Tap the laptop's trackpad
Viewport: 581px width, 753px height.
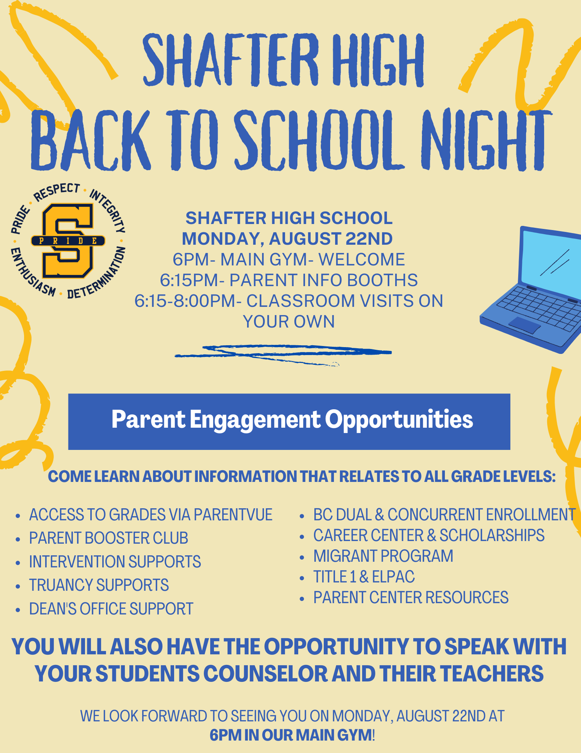[525, 325]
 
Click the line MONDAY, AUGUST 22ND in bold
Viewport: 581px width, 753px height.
[287, 239]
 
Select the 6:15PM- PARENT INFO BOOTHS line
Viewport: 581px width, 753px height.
[289, 280]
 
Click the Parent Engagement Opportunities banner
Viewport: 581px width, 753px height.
[289, 421]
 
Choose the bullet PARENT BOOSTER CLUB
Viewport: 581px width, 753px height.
[108, 538]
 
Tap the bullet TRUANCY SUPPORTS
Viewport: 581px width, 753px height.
[99, 585]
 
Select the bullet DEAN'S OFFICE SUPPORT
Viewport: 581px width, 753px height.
[111, 609]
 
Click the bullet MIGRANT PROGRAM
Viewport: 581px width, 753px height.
[383, 556]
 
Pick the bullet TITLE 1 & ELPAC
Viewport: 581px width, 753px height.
[364, 577]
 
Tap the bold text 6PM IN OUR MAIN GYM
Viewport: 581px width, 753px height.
[291, 735]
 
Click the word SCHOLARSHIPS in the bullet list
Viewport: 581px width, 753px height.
[492, 535]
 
